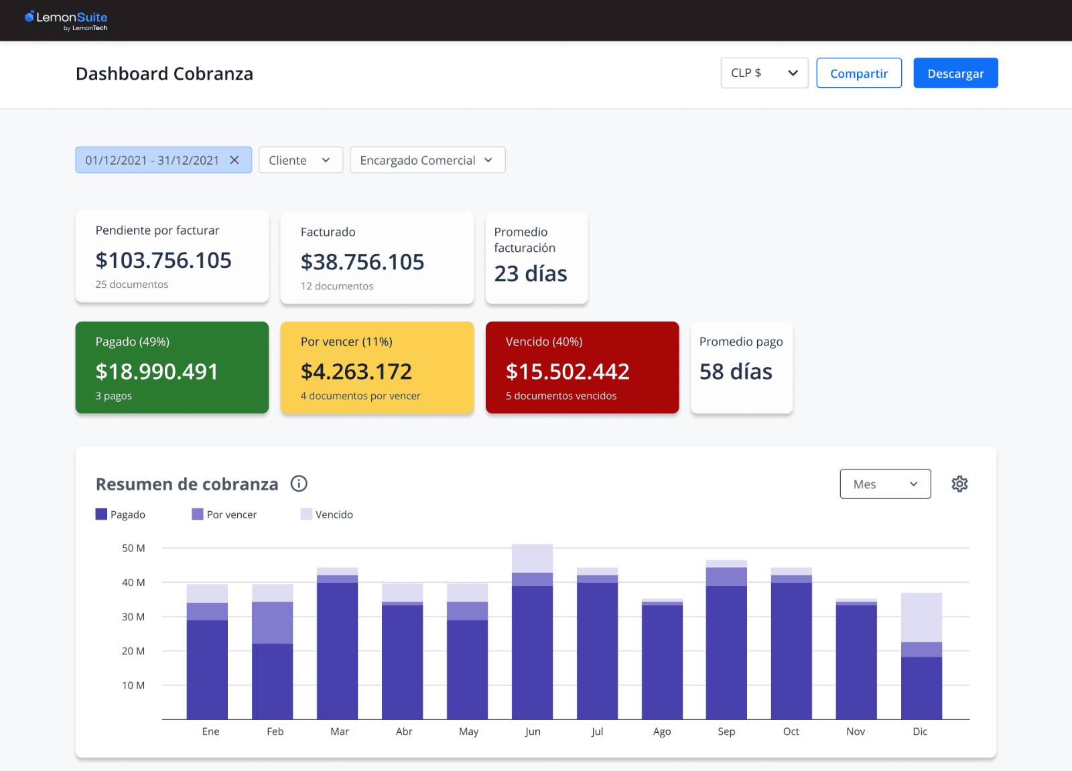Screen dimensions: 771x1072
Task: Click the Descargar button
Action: tap(955, 73)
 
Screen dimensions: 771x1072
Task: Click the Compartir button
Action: tap(859, 73)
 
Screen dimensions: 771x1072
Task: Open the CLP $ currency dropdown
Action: tap(764, 73)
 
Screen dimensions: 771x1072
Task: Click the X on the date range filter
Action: tap(234, 160)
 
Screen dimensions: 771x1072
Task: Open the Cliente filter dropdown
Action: tap(300, 160)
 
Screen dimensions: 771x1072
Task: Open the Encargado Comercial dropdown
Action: tap(427, 160)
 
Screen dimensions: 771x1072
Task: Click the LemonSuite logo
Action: tap(66, 19)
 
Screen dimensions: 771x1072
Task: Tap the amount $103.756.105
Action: tap(163, 260)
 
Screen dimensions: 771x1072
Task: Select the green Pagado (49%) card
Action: tap(172, 367)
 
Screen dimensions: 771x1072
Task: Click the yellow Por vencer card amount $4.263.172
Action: tap(356, 371)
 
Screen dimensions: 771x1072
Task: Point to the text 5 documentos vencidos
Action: tap(561, 396)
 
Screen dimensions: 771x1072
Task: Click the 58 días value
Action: tap(736, 371)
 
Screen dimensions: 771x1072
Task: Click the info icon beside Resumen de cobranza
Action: tap(299, 484)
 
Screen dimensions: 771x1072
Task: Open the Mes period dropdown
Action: tap(885, 484)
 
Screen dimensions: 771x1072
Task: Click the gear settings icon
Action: tap(959, 484)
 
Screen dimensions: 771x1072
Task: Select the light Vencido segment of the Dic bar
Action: tap(921, 617)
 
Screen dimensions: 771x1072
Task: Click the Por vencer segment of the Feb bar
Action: tap(272, 622)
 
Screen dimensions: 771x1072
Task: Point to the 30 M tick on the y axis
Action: tap(133, 616)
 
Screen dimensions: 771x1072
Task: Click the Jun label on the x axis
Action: tap(533, 731)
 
